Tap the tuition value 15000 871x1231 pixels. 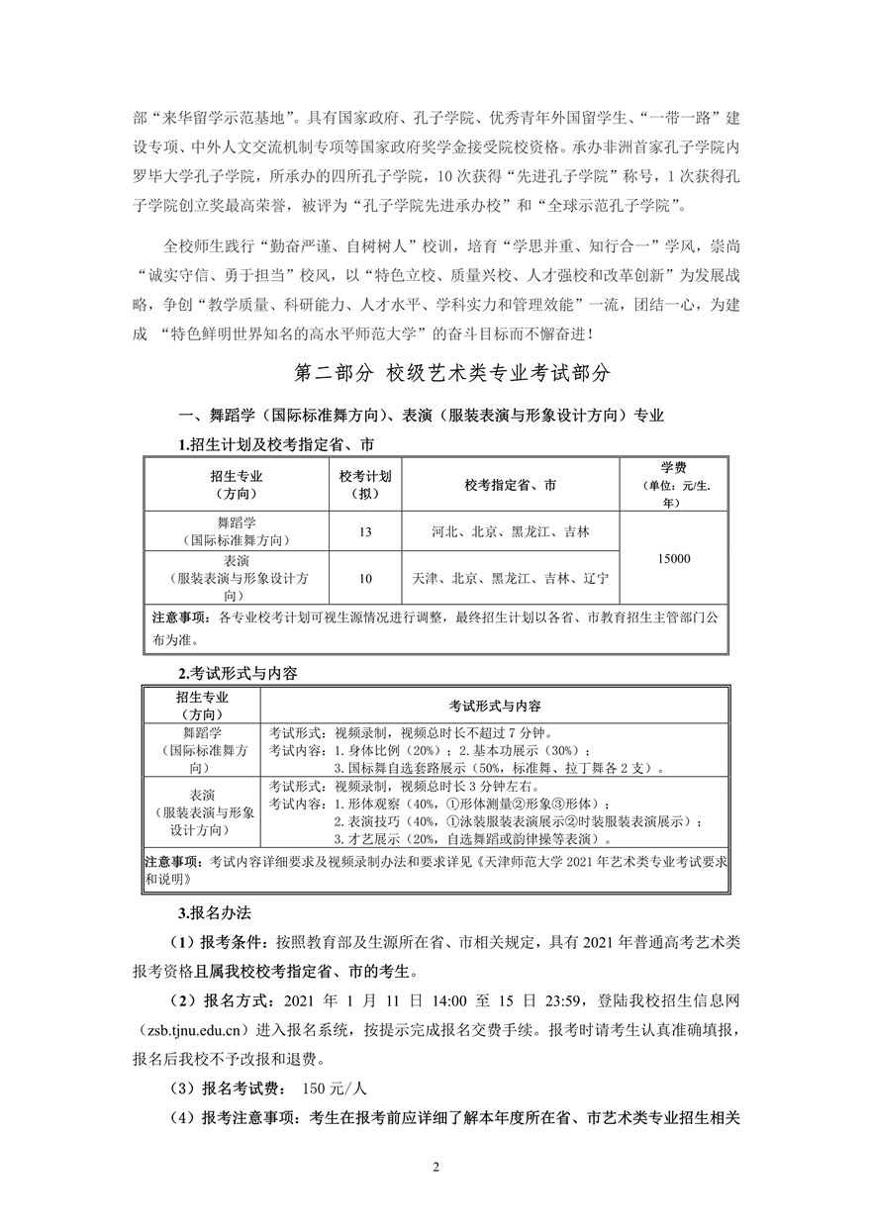(x=673, y=559)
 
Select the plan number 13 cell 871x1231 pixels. (x=365, y=532)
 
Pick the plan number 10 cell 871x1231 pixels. (x=365, y=579)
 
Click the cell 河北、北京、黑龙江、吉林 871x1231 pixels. (x=510, y=532)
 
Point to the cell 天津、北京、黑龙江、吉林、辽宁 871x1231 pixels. (x=510, y=579)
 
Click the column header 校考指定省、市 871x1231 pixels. (x=510, y=485)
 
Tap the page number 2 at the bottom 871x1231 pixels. (x=435, y=1165)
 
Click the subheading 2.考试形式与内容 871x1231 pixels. (x=230, y=673)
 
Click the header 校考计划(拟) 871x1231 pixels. (x=365, y=484)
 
